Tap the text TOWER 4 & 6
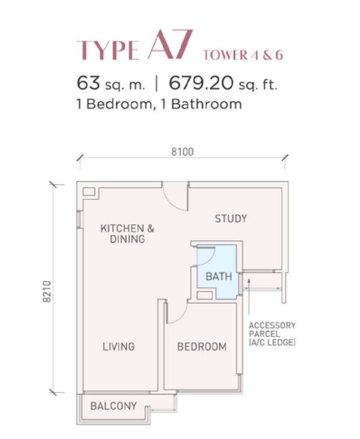[243, 55]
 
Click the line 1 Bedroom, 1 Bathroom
[159, 104]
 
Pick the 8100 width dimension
[183, 152]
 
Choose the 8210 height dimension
[48, 292]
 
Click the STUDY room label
[231, 219]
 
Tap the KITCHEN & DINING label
[127, 234]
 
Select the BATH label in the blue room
[219, 277]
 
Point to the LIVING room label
[118, 346]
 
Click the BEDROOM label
[202, 347]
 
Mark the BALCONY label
[114, 406]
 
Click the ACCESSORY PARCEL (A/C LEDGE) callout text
[272, 334]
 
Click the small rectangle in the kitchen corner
[89, 192]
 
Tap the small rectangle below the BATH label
[204, 295]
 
